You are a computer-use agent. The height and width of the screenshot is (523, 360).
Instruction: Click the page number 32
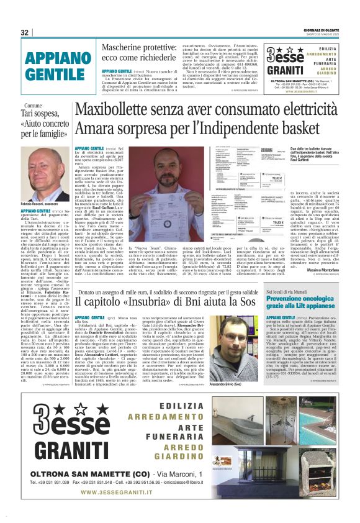coord(25,32)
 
